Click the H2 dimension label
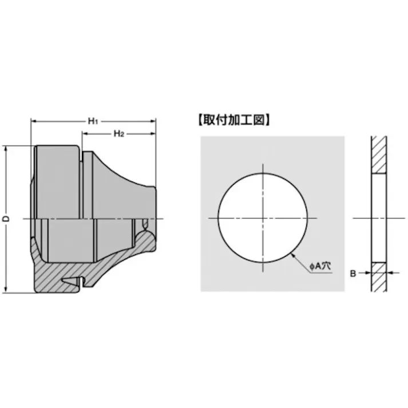pyautogui.click(x=118, y=133)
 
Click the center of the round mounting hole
pyautogui.click(x=263, y=219)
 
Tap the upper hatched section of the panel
pyautogui.click(x=378, y=155)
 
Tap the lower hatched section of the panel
pyautogui.click(x=378, y=276)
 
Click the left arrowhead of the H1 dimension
pyautogui.click(x=33, y=121)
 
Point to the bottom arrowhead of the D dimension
pyautogui.click(x=6, y=290)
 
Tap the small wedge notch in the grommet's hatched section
pyautogui.click(x=71, y=280)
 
